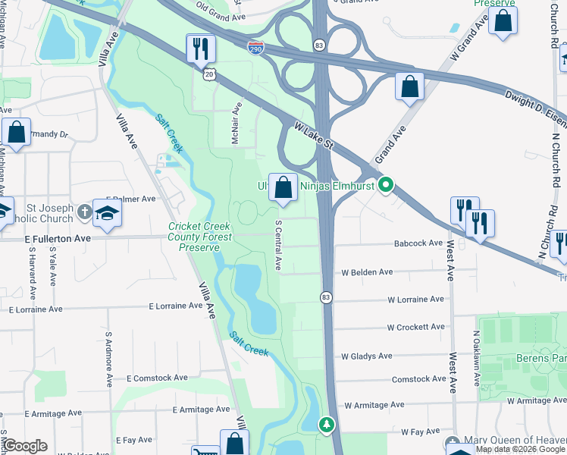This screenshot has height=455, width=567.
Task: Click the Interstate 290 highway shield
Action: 256,48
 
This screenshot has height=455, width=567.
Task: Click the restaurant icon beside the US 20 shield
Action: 201,49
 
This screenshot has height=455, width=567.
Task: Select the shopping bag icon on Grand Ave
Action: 409,86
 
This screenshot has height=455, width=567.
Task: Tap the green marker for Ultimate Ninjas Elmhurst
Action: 387,184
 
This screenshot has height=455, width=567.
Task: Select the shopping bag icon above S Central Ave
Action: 283,187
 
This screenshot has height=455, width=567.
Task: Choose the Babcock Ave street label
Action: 418,243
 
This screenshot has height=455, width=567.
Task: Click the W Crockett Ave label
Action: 415,328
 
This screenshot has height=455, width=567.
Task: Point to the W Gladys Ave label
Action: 366,356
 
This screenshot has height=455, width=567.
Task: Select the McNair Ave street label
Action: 237,124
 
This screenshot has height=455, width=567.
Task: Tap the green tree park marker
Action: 327,424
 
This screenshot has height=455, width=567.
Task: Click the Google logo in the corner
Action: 25,446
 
